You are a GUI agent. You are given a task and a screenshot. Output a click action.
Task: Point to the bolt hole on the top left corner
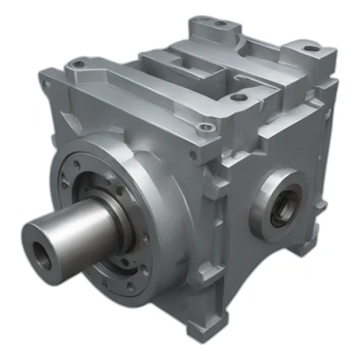pyautogui.click(x=76, y=65)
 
